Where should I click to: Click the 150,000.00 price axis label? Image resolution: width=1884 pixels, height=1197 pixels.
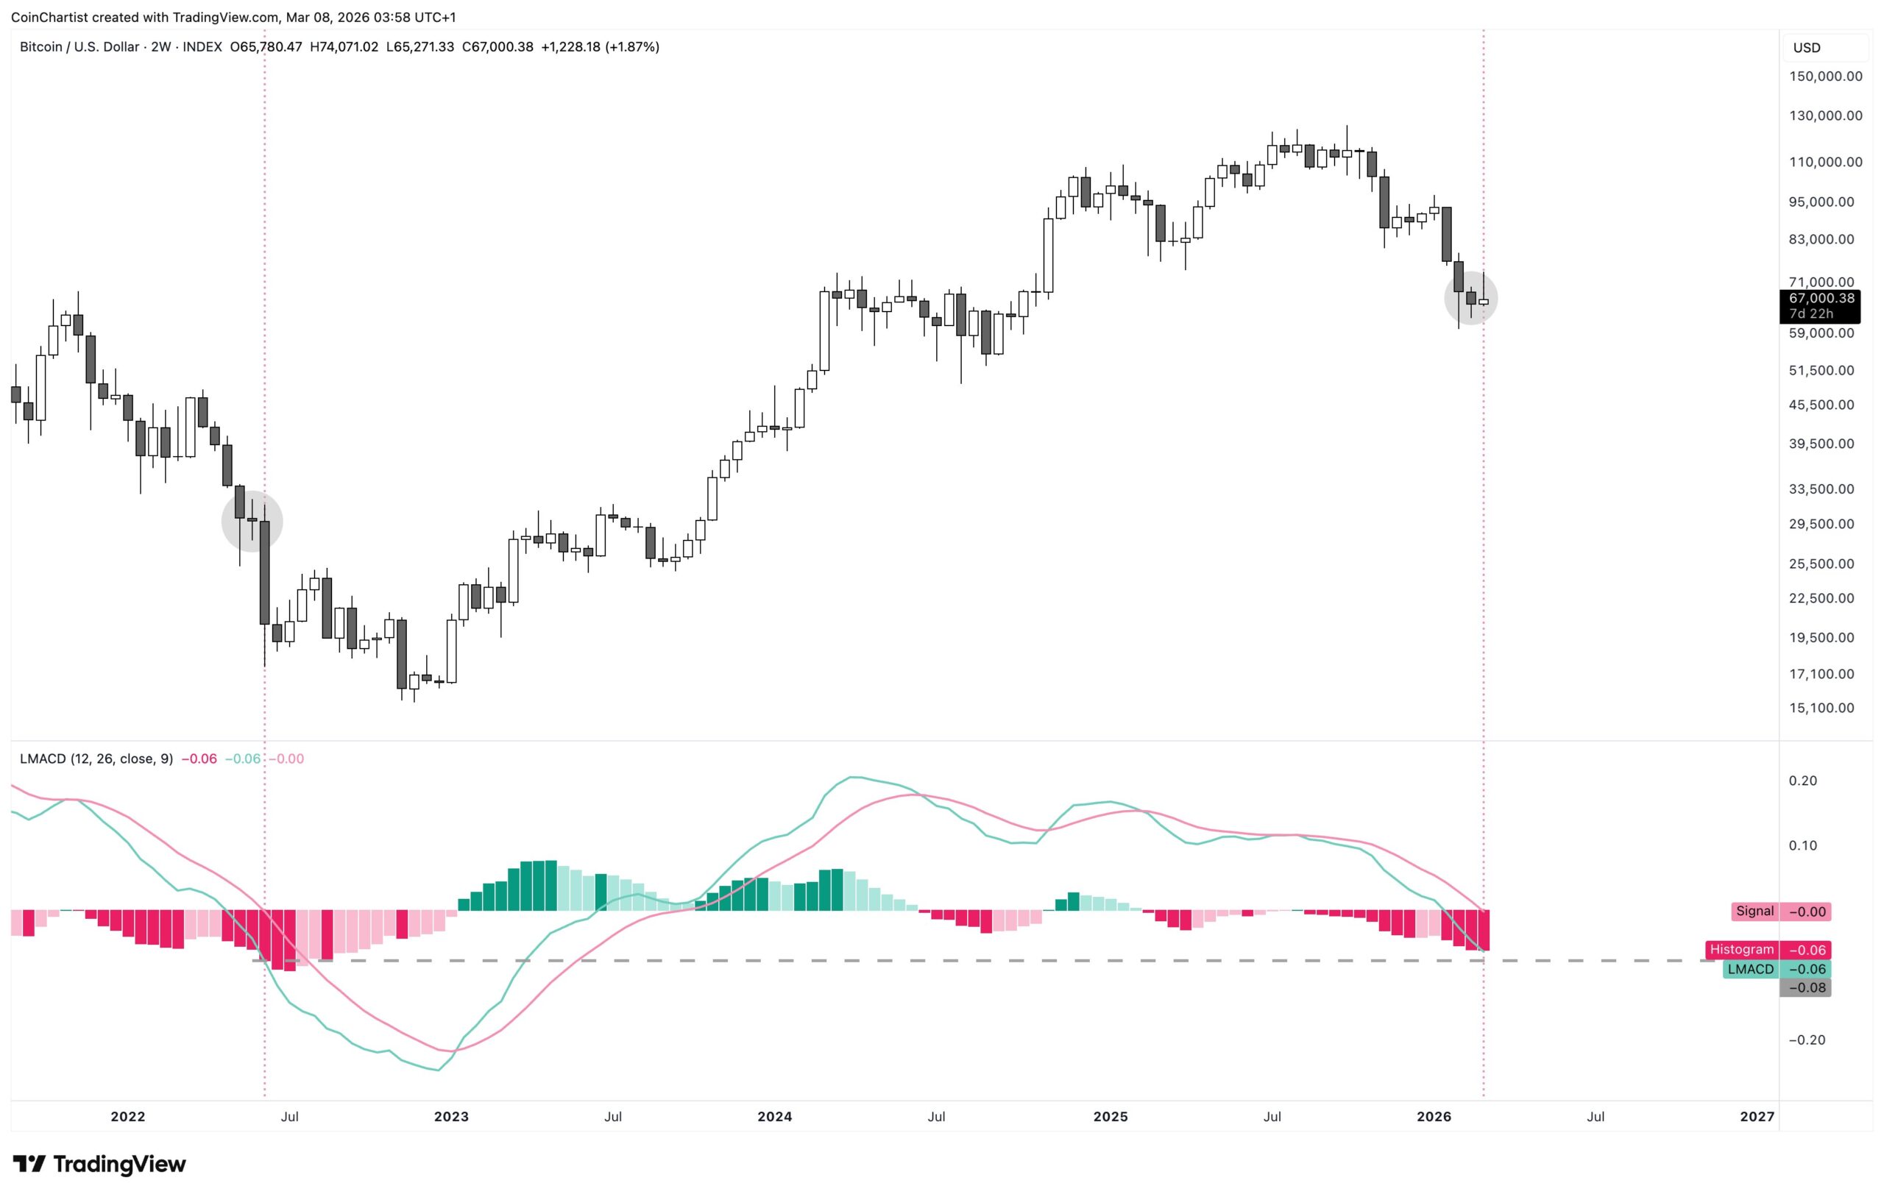tap(1825, 76)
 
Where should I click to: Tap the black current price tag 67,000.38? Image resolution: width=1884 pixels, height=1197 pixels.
tap(1821, 298)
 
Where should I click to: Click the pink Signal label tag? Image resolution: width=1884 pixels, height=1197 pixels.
tap(1754, 912)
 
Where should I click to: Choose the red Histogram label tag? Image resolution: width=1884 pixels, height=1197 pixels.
tap(1742, 950)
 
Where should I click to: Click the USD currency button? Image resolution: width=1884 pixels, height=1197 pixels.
tap(1807, 48)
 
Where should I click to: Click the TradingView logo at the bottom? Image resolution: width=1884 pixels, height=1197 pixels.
tap(99, 1164)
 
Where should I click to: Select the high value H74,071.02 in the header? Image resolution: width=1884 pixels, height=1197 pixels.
tap(344, 47)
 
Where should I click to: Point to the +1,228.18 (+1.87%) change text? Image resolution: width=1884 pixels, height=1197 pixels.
tap(600, 47)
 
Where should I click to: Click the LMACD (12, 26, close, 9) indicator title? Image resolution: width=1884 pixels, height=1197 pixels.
tap(96, 759)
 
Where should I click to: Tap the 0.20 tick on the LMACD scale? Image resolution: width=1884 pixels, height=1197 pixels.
tap(1802, 781)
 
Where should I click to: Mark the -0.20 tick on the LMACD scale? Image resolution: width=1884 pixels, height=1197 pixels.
tap(1807, 1040)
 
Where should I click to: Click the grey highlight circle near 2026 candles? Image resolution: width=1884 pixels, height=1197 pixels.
tap(1470, 298)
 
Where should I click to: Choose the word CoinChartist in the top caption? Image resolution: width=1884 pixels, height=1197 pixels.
tap(49, 17)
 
